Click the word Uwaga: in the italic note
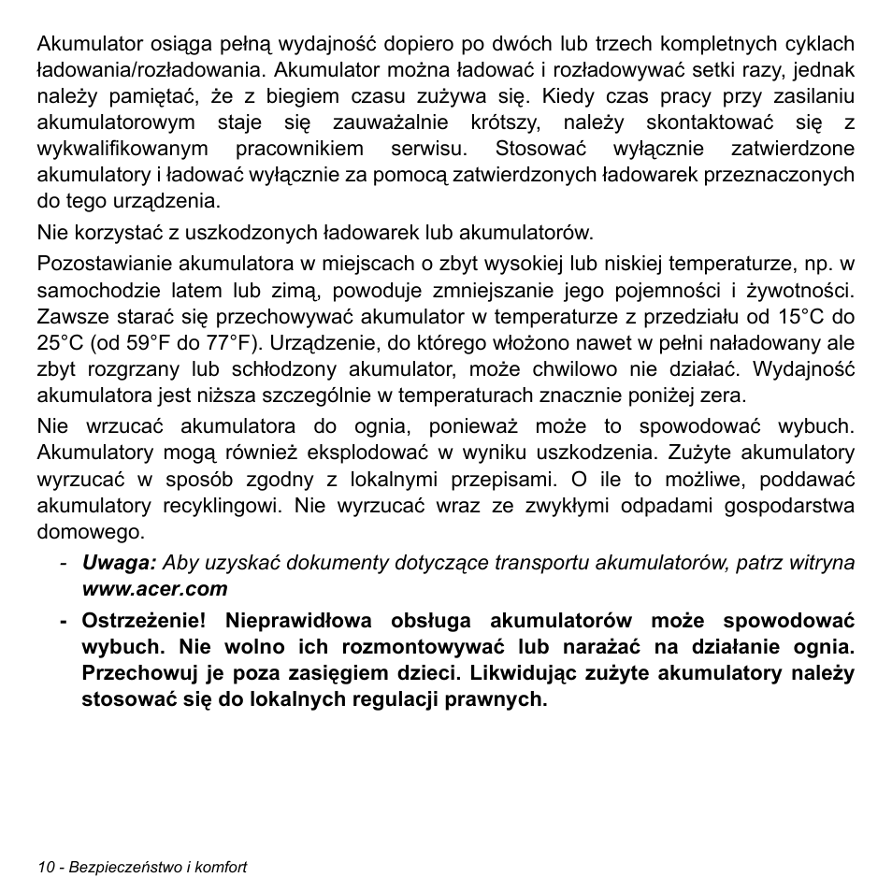pyautogui.click(x=119, y=562)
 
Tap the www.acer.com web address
pyautogui.click(x=154, y=588)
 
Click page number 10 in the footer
pyautogui.click(x=47, y=867)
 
